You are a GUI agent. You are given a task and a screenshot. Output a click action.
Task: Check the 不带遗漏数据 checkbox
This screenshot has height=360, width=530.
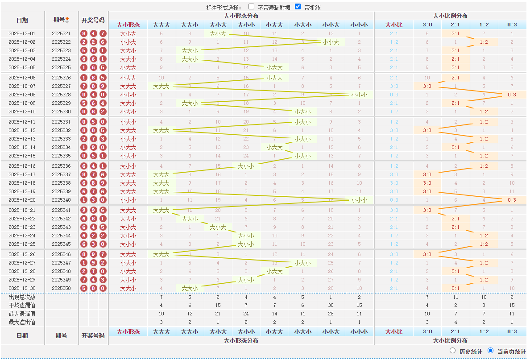click(252, 7)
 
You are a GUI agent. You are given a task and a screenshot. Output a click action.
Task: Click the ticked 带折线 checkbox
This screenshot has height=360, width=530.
click(298, 7)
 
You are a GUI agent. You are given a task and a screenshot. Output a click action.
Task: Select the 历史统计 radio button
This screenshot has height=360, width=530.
click(453, 351)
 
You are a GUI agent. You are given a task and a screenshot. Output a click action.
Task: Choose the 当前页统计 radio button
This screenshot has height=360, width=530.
click(491, 351)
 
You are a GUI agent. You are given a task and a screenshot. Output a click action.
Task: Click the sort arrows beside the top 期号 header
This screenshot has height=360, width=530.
click(67, 20)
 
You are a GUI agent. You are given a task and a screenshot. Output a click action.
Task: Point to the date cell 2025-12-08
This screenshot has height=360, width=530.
click(22, 95)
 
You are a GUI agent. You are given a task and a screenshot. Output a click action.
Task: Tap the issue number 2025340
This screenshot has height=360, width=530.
click(61, 200)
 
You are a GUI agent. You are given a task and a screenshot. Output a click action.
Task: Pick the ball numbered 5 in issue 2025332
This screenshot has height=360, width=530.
click(103, 130)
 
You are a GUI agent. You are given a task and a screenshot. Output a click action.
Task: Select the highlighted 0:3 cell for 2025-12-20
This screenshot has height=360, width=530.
click(512, 200)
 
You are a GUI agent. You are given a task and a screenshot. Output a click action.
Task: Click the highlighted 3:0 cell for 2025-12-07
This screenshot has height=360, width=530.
click(427, 86)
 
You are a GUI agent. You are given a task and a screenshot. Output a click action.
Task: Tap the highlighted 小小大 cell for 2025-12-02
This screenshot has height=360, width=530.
click(331, 42)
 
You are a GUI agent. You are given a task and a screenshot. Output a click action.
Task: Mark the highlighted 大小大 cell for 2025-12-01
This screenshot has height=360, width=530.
click(218, 33)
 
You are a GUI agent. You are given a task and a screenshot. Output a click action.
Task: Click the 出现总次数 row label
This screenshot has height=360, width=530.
click(22, 297)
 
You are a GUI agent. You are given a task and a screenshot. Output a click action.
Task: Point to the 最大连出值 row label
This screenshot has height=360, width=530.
click(22, 322)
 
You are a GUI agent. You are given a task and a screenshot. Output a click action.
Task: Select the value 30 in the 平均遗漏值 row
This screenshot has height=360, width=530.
click(331, 306)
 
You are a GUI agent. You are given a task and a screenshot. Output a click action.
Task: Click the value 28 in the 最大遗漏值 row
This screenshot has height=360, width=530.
click(331, 314)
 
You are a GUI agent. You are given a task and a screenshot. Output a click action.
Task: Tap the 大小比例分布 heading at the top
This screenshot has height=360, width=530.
click(450, 16)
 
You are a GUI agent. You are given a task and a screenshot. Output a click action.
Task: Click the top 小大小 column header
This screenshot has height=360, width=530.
click(302, 25)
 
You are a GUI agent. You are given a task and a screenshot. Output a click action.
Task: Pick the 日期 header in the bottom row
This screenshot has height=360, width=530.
click(22, 335)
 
